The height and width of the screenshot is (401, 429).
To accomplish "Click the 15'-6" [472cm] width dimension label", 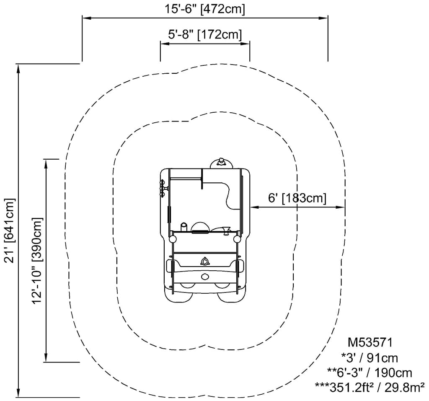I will click(x=204, y=9).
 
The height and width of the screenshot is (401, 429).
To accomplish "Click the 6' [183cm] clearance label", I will click(x=297, y=197).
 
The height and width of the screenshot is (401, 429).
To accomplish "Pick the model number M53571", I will click(x=370, y=342).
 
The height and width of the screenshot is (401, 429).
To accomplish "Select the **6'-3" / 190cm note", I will click(x=370, y=373).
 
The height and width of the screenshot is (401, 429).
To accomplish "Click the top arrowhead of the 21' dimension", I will click(x=18, y=68).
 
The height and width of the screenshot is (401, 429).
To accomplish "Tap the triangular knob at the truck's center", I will click(x=204, y=262).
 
